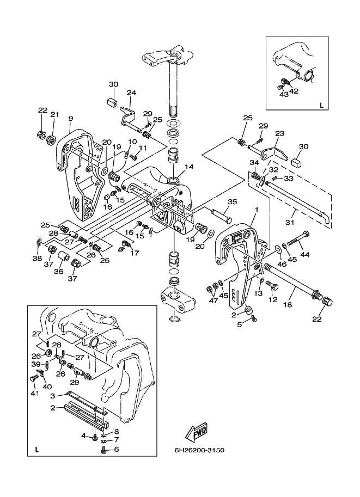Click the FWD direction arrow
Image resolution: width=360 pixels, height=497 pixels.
point(196,432)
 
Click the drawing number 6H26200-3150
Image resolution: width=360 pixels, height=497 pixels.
point(199,450)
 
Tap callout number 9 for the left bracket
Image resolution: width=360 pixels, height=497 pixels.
point(71,118)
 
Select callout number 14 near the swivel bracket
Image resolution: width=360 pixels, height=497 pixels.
point(189,167)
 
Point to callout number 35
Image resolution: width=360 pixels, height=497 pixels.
point(233,201)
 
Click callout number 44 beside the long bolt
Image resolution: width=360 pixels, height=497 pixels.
point(305,254)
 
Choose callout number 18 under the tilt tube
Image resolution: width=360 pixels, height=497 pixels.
point(288,305)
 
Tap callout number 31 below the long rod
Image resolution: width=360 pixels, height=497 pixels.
point(290,223)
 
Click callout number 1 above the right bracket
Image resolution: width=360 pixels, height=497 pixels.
point(257,210)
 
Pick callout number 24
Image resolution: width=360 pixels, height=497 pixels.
point(131,93)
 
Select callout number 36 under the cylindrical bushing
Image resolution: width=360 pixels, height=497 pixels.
point(59,271)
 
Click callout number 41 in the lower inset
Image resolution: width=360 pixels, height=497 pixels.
point(34,393)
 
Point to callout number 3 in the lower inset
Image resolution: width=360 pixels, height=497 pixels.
point(53,396)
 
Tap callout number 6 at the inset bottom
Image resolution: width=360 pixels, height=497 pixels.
point(117,449)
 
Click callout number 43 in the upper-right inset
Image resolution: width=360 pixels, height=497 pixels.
point(284,94)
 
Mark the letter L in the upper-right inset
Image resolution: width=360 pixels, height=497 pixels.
point(322,105)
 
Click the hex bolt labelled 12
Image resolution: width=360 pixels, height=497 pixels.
point(272,285)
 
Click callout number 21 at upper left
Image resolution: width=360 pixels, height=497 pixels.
point(55,114)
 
